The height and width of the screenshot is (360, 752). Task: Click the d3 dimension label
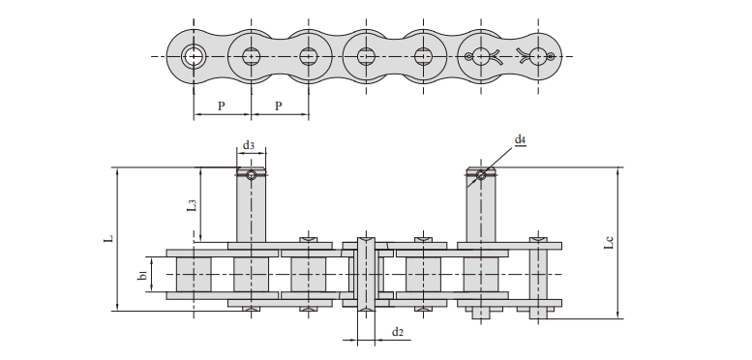(x=248, y=145)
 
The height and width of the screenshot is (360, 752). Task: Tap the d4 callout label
(x=521, y=139)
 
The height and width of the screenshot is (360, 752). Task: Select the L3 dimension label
(x=192, y=205)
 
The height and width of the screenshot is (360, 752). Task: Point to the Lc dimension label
(x=609, y=242)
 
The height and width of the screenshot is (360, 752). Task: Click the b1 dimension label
(x=142, y=275)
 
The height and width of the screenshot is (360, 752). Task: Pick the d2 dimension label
(x=397, y=332)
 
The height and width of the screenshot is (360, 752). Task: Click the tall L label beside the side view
(x=108, y=238)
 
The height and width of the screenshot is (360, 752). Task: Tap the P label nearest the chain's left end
(x=221, y=105)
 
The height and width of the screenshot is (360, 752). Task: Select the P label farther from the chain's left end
(x=279, y=105)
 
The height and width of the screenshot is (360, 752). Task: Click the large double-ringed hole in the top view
(x=194, y=56)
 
